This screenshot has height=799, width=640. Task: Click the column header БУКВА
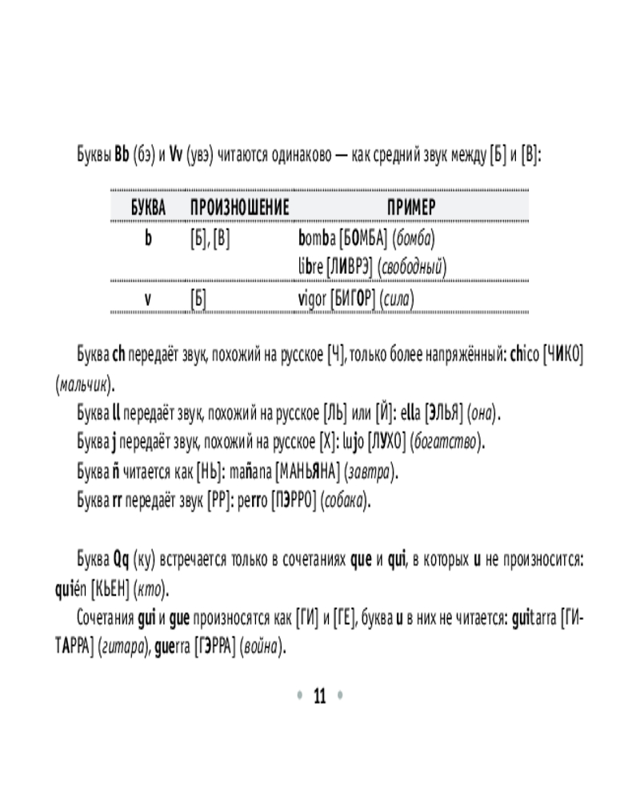click(x=148, y=209)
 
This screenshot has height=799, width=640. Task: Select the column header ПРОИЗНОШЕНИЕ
click(x=239, y=209)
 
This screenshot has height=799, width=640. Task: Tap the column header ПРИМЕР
click(x=411, y=209)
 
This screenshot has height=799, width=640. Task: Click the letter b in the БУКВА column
click(x=148, y=238)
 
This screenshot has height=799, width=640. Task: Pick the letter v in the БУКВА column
click(x=148, y=299)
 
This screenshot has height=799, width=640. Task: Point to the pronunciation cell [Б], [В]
click(x=210, y=238)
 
